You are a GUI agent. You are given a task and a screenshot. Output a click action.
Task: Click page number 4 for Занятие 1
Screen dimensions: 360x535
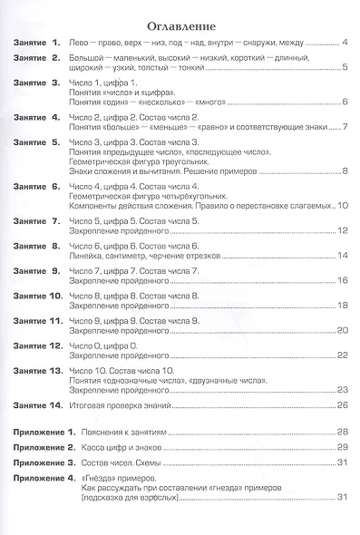tap(345, 44)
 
